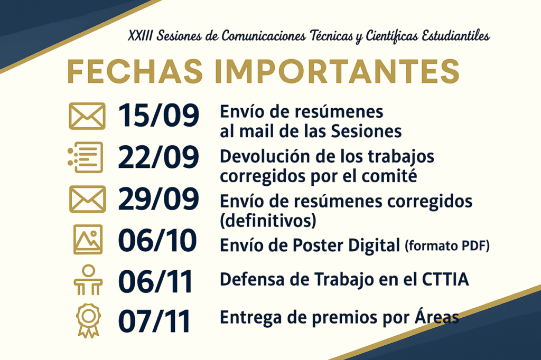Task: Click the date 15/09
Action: click(158, 115)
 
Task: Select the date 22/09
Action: click(158, 157)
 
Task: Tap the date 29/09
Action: click(158, 198)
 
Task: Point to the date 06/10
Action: click(157, 240)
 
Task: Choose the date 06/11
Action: click(155, 282)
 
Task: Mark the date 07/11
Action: click(154, 321)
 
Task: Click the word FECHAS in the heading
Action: click(135, 71)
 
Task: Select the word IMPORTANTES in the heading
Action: click(337, 71)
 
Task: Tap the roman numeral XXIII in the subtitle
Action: click(140, 36)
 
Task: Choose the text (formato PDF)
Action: click(447, 246)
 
